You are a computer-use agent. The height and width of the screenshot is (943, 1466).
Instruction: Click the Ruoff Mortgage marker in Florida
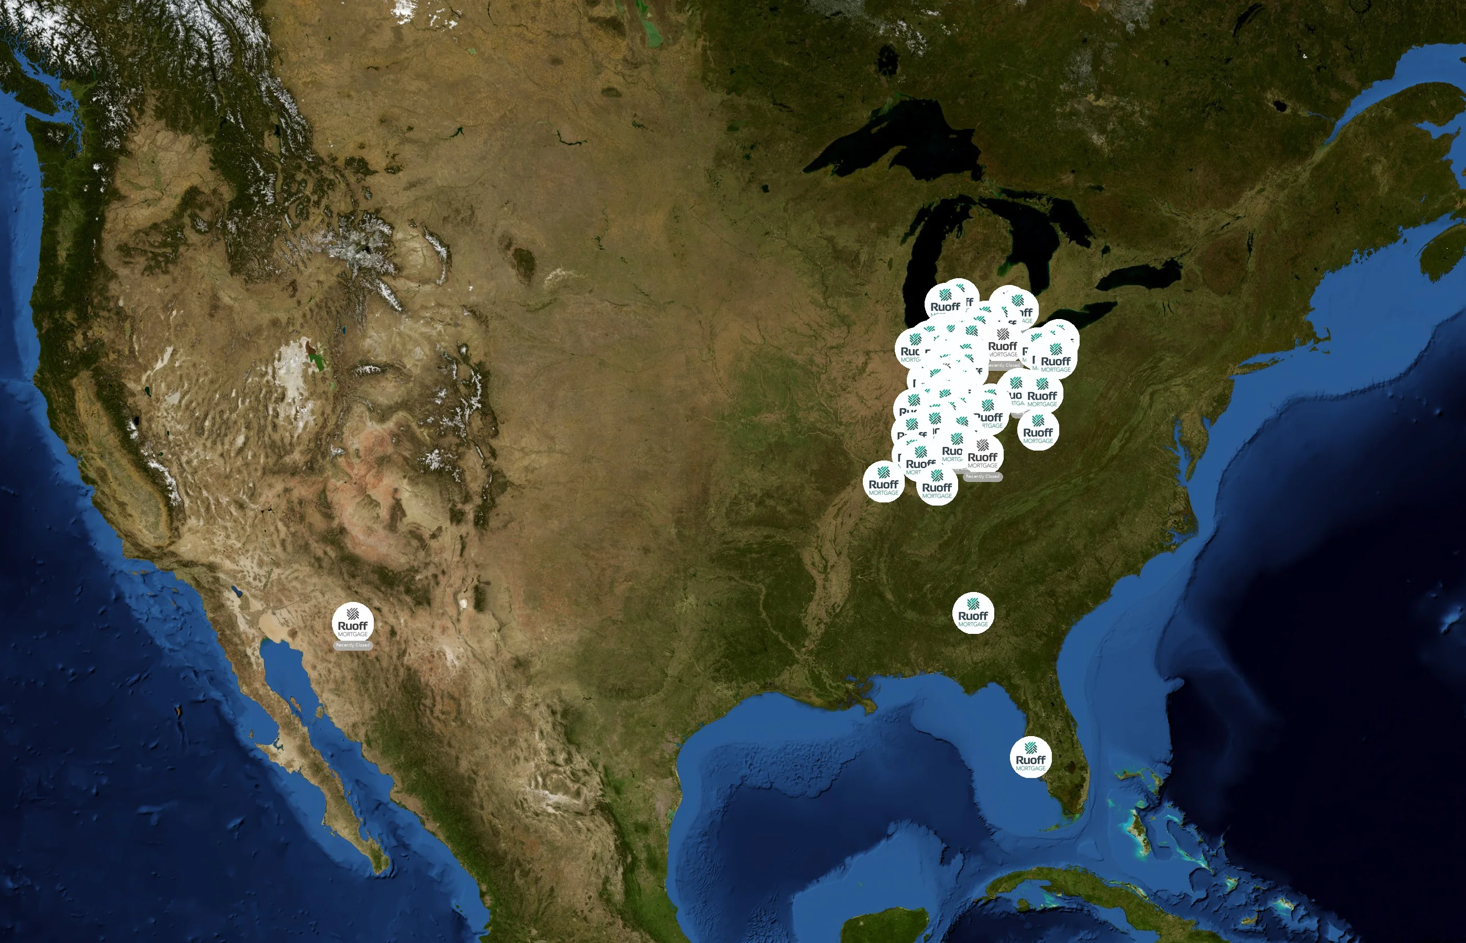coord(1030,757)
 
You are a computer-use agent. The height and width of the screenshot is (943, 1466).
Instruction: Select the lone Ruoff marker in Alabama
coord(973,613)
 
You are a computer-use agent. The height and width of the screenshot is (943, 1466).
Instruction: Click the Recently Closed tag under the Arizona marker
coord(352,645)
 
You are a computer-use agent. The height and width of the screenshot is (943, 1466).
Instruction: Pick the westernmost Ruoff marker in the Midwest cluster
coord(883,481)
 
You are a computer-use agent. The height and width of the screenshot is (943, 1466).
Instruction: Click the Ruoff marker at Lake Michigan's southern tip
coord(945,300)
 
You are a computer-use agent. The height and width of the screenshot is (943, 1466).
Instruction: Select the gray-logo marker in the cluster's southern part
coord(982,454)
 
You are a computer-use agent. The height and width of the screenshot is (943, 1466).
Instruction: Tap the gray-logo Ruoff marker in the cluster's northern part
coord(1002,343)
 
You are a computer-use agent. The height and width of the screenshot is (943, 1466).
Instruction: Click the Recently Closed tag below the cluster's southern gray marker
coord(982,476)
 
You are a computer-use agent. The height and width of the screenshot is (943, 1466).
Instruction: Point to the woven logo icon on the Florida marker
coord(1030,747)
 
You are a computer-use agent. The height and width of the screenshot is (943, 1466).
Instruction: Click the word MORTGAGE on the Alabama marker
coord(973,624)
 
